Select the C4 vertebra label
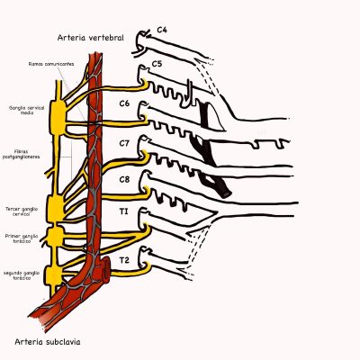pyautogui.click(x=163, y=30)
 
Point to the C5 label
pyautogui.click(x=156, y=64)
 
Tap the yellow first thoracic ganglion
pyautogui.click(x=57, y=237)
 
